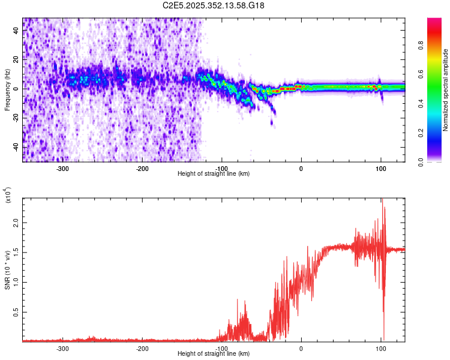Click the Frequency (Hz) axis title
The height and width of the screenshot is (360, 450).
tap(7, 89)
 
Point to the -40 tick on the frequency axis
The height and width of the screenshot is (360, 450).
tap(16, 147)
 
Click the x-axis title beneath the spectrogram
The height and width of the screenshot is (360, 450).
tap(214, 174)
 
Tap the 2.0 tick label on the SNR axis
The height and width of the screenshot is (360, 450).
tap(16, 222)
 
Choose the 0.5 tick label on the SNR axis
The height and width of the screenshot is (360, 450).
tap(16, 312)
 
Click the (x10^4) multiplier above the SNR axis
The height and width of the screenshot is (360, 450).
tap(8, 196)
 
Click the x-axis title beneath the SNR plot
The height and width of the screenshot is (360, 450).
tap(214, 354)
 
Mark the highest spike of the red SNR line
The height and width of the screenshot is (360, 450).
tap(381, 200)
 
